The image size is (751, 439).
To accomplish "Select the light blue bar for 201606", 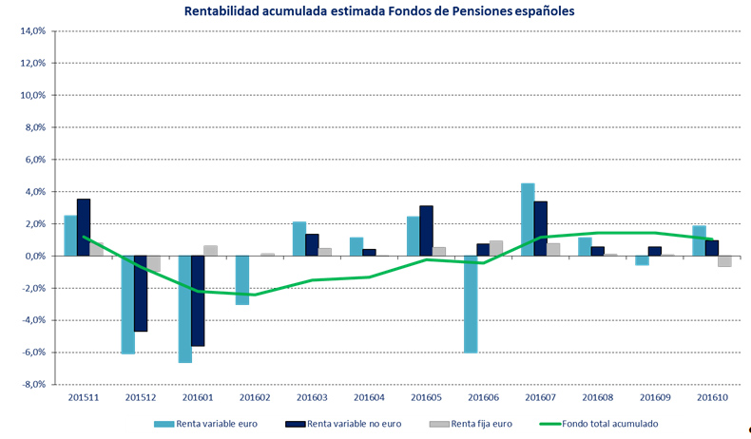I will point(470,304).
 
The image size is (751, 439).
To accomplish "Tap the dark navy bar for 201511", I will point(84,227).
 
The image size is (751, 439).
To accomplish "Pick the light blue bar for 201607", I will point(528,219).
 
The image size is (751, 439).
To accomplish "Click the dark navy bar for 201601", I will point(198,300).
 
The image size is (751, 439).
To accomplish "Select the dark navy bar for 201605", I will point(426,231).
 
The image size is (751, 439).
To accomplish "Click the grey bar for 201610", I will point(724,261).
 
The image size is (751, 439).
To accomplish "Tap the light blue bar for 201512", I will point(127,304).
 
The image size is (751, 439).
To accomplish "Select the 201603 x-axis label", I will point(312,396).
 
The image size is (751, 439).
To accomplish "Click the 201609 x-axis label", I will point(655,396).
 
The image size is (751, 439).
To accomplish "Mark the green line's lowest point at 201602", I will point(255,295).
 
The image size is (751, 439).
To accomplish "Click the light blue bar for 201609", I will point(642,260).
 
